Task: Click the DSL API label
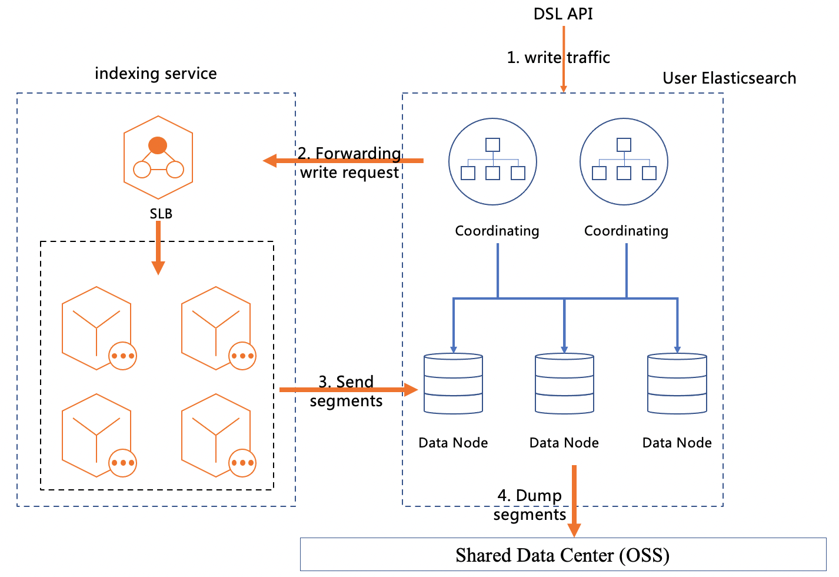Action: tap(563, 14)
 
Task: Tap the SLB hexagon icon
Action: tap(158, 157)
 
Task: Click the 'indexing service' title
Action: tap(156, 74)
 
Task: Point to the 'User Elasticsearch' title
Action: tap(729, 78)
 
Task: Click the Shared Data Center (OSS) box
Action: tap(563, 555)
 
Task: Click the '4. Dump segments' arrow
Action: tap(574, 500)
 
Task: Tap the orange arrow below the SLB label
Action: tap(158, 248)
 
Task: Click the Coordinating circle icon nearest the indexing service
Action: tap(492, 161)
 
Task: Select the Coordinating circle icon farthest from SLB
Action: tap(624, 161)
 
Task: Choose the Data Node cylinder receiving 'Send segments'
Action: tap(453, 383)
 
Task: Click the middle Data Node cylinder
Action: tap(564, 383)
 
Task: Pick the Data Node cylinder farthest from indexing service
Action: tap(677, 383)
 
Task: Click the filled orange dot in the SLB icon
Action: tap(158, 145)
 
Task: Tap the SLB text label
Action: tap(161, 214)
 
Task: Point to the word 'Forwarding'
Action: tap(358, 153)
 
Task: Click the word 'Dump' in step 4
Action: tap(538, 496)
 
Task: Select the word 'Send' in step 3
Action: tap(355, 382)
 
